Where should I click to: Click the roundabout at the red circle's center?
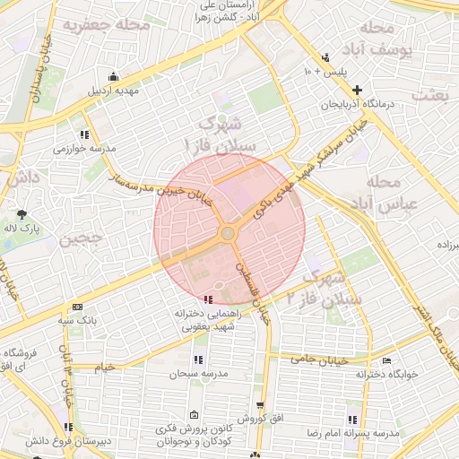coord(229,234)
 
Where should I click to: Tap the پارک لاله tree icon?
coord(22,213)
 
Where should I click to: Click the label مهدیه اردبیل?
coord(112,91)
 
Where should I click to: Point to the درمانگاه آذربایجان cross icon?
coord(358,90)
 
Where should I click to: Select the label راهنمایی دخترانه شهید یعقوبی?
coord(208,321)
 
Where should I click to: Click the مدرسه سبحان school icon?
coord(197,359)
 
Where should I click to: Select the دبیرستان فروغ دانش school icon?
coord(68,426)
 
